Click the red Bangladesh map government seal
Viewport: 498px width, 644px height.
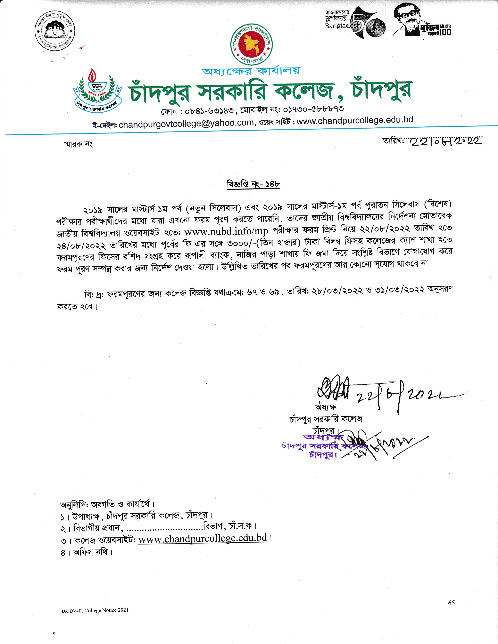[252, 44]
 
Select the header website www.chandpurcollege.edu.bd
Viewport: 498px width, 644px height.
[354, 120]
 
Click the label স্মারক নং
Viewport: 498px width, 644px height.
[78, 144]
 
